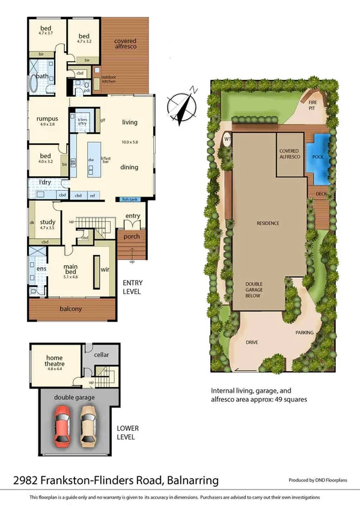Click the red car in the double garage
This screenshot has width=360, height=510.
click(63, 425)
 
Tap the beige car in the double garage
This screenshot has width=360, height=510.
click(89, 425)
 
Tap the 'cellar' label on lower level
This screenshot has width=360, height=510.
click(102, 355)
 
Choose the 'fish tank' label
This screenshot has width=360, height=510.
click(130, 199)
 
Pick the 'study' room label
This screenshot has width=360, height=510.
click(47, 223)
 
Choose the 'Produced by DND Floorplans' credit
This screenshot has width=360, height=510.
click(321, 481)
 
